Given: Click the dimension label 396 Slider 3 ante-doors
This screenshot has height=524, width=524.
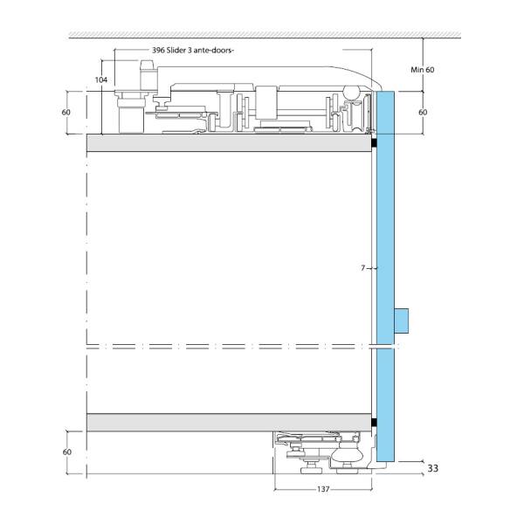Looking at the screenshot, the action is [192, 51].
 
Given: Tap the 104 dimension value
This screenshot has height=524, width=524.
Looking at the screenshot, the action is [101, 79].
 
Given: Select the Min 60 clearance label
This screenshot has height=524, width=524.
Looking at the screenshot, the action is [423, 70].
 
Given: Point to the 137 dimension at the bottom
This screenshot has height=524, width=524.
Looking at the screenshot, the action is [323, 489].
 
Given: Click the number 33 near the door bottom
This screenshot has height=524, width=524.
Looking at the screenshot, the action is [433, 468].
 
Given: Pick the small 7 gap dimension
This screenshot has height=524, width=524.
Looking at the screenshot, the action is [363, 268].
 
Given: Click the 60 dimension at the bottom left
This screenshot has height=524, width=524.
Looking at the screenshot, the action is [67, 452].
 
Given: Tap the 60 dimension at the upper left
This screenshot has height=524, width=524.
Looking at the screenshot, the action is [66, 113].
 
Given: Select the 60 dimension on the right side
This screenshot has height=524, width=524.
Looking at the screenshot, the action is [423, 113].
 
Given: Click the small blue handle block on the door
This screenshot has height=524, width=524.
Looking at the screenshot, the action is [402, 321].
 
